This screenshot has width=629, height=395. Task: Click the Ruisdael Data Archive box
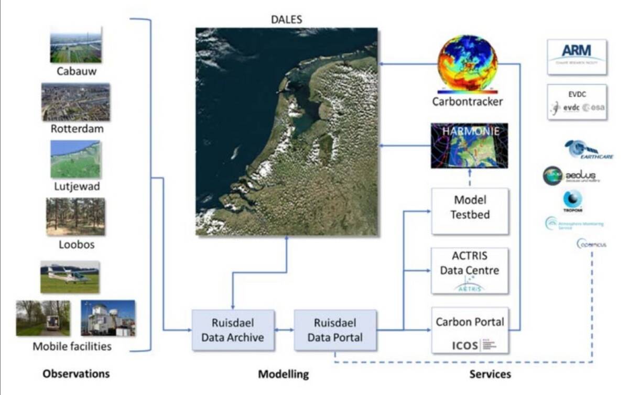[x=233, y=330]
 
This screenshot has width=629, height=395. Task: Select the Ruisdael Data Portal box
[x=335, y=330]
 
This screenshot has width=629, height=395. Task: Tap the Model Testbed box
[x=470, y=211]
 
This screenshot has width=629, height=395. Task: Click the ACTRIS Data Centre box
[x=470, y=270]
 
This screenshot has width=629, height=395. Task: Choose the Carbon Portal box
[x=470, y=330]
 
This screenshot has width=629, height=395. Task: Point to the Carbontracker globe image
[x=467, y=64]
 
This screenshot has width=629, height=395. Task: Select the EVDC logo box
[x=577, y=102]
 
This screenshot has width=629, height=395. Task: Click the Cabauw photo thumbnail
[x=76, y=45]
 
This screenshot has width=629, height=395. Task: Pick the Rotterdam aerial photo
[x=76, y=102]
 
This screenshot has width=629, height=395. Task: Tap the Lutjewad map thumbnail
[x=76, y=159]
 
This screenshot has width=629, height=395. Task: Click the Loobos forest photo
[x=75, y=216]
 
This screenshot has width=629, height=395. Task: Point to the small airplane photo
[x=70, y=277]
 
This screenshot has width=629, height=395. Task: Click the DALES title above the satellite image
[x=286, y=20]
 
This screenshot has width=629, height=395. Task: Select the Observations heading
[x=77, y=374]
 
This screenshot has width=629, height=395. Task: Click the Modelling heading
[x=284, y=375]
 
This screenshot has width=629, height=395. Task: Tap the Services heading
[x=490, y=374]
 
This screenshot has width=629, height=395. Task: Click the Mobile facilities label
[x=72, y=346]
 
